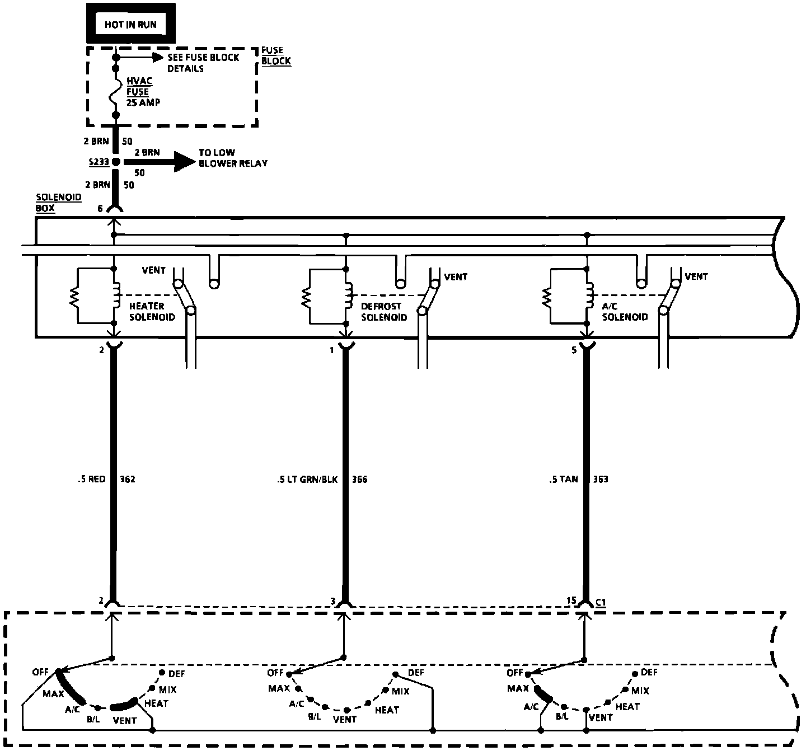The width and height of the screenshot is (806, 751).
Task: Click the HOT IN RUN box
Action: (130, 24)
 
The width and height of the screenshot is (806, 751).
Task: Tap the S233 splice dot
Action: (116, 162)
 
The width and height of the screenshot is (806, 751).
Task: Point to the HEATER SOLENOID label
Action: (151, 311)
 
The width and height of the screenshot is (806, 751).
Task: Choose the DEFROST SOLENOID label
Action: (384, 312)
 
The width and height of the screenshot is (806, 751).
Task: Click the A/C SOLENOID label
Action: (625, 311)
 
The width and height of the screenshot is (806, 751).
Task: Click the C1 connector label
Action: (600, 602)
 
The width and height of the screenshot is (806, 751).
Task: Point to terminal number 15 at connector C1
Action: (571, 600)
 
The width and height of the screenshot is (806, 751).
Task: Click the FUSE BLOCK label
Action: (276, 55)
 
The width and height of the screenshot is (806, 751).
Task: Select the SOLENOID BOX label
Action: (50, 203)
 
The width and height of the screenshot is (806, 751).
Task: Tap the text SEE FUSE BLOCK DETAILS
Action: (203, 63)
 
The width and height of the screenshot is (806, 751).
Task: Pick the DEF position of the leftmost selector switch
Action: (162, 672)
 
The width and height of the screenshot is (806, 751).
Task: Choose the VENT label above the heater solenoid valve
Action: (153, 270)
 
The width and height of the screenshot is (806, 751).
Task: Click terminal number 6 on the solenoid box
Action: (100, 209)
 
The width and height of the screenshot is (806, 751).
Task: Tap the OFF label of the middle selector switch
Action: (275, 673)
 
